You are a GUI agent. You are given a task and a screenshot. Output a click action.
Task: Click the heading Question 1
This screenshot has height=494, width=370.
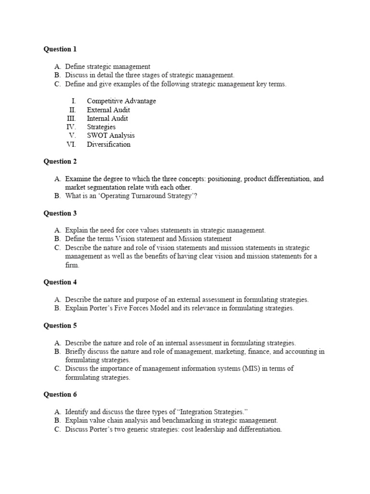60,49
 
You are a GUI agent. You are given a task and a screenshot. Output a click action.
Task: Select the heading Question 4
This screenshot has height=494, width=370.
60,282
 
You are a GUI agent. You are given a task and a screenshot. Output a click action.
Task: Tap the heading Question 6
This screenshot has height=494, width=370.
60,394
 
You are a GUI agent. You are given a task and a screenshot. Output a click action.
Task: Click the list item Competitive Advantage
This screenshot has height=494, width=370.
121,101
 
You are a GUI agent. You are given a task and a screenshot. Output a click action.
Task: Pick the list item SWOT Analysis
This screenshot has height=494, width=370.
111,136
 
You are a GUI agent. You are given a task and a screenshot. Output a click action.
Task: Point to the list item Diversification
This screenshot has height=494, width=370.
108,144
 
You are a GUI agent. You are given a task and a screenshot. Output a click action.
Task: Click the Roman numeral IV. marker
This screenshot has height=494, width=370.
71,127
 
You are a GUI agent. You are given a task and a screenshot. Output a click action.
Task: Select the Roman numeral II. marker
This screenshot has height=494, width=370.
73,110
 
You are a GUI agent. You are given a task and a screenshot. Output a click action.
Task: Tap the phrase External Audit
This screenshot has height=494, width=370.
108,110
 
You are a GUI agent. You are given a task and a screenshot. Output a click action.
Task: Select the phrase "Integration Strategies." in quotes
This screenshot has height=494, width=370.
212,412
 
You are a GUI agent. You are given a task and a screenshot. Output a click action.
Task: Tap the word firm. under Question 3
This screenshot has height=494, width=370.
72,265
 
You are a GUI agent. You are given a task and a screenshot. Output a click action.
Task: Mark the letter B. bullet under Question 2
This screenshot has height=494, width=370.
58,196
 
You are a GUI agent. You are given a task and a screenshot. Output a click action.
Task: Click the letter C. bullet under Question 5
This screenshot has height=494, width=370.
58,369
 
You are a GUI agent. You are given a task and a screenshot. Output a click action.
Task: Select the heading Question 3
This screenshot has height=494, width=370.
60,213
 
